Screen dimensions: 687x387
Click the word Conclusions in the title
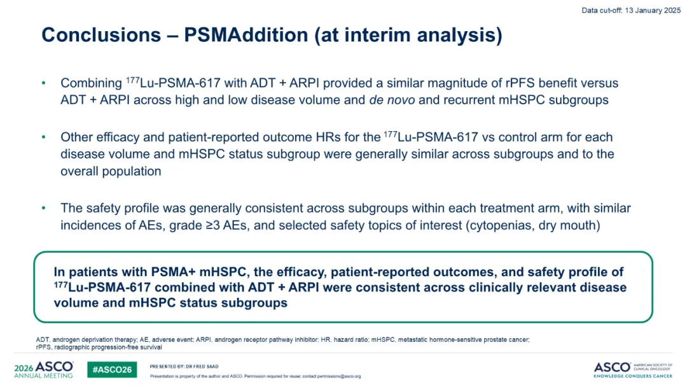[x=101, y=35]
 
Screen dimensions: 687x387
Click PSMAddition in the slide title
[x=246, y=35]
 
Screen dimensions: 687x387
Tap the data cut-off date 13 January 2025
[x=653, y=10]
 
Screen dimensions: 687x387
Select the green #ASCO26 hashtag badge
[x=112, y=369]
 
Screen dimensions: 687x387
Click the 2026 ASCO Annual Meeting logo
[x=44, y=369]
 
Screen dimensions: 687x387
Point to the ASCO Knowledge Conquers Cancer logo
[x=633, y=370]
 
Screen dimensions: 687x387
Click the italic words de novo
[x=392, y=100]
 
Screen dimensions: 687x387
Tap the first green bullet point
[x=43, y=83]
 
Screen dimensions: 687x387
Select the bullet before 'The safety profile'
[x=43, y=208]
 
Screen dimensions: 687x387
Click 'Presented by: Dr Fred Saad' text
[x=184, y=367]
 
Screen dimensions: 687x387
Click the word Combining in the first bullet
[x=91, y=83]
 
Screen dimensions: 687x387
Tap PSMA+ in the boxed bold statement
[x=173, y=272]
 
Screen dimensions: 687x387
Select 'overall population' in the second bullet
[x=111, y=171]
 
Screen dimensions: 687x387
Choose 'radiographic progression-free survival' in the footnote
[x=108, y=347]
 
